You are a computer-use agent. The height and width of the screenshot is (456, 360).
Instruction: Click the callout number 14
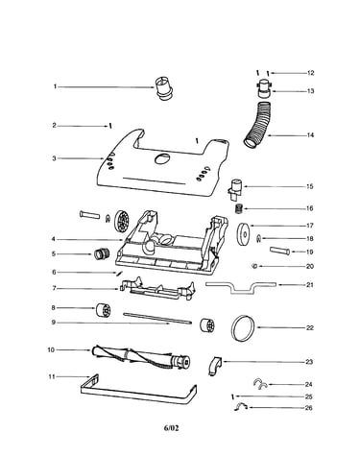(310, 135)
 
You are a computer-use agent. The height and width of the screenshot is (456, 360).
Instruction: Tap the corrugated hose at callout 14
(259, 125)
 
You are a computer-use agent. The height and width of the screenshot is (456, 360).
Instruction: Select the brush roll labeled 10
(141, 357)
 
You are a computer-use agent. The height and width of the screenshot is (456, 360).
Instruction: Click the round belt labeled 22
(243, 328)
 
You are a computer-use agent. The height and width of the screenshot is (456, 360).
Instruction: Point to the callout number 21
(310, 285)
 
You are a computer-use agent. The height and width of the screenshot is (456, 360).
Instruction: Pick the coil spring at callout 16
(239, 209)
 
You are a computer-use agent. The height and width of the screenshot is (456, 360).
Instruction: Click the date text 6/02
(171, 428)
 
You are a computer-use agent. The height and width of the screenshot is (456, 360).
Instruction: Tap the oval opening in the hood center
(162, 158)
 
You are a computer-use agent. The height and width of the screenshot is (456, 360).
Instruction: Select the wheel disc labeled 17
(245, 234)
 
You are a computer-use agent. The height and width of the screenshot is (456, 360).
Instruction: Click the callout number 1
(55, 86)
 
